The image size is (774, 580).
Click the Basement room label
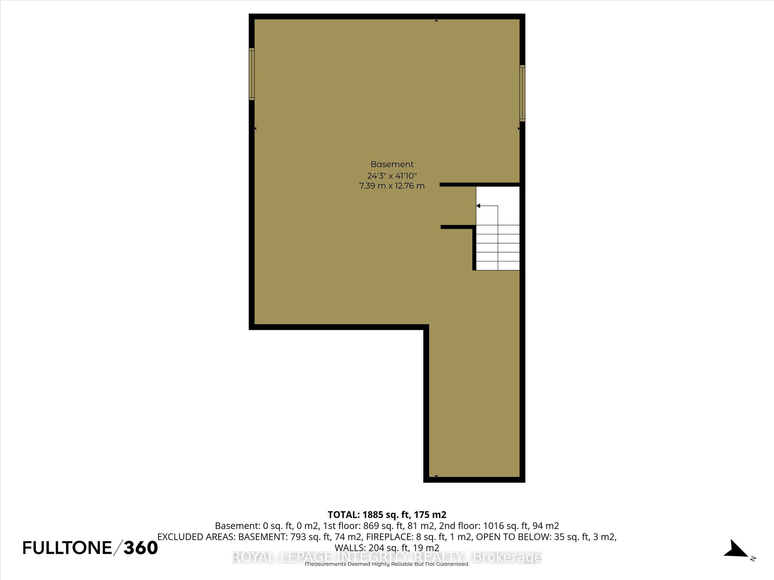click(392, 164)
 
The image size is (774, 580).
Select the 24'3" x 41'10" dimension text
click(392, 175)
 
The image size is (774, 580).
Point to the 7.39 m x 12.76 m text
click(392, 186)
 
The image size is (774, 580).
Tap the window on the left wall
click(252, 74)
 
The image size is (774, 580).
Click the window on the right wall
click(522, 93)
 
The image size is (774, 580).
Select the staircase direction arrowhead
click(478, 206)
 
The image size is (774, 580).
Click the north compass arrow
click(736, 549)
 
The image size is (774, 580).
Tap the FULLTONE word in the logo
click(67, 548)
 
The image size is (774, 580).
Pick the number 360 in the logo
click(141, 548)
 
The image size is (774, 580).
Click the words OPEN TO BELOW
click(513, 537)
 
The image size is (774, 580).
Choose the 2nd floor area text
click(516, 526)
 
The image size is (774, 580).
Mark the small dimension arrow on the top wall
click(436, 21)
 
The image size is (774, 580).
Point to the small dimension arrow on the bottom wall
click(436, 476)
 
